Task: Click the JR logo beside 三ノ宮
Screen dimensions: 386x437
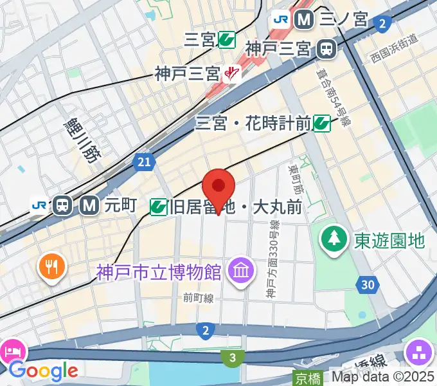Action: [x=281, y=19]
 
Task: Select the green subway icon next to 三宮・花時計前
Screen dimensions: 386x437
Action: [x=322, y=123]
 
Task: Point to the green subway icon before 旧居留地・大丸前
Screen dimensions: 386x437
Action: [x=159, y=207]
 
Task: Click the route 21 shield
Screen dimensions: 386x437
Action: [x=144, y=163]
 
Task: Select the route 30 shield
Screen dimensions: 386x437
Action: [x=367, y=284]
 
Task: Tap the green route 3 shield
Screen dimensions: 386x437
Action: [x=233, y=357]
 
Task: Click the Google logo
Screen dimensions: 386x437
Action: [x=43, y=371]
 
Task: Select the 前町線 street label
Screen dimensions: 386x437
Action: [x=198, y=299]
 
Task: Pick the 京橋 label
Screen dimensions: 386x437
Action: [x=307, y=378]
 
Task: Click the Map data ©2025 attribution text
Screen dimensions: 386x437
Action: [x=382, y=378]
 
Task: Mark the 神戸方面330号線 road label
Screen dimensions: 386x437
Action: [x=273, y=261]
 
